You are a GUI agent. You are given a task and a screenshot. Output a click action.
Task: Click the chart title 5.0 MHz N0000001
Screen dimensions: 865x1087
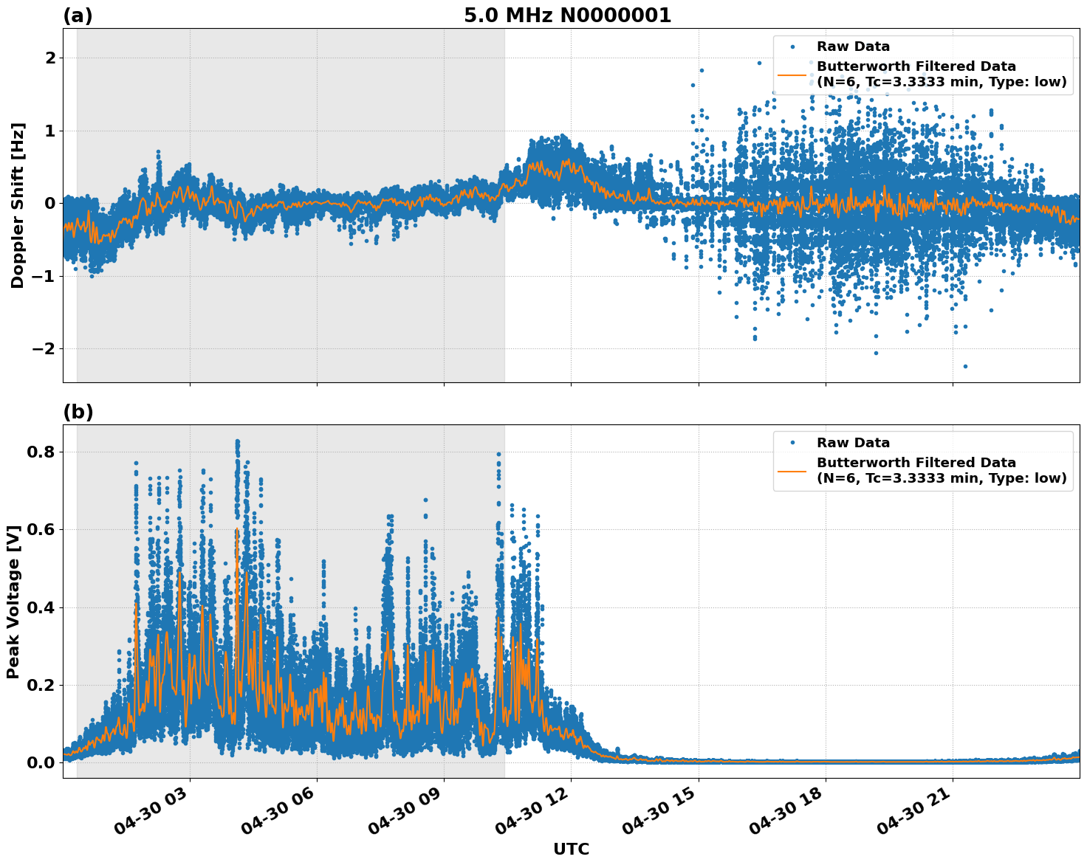coord(567,15)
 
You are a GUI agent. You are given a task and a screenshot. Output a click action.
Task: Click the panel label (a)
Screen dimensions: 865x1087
coord(78,15)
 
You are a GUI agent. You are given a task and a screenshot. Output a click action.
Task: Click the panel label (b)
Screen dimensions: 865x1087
coord(78,412)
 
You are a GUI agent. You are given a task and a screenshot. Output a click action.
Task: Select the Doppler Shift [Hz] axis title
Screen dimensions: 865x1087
coord(18,205)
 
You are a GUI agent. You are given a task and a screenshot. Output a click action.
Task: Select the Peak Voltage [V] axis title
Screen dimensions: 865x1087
coord(13,602)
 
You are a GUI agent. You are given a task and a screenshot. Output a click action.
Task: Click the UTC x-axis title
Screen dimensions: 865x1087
coord(571,849)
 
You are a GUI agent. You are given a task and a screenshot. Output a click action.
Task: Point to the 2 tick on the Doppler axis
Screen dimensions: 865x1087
coord(49,58)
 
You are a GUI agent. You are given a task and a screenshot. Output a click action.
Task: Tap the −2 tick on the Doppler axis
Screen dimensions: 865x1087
coord(44,348)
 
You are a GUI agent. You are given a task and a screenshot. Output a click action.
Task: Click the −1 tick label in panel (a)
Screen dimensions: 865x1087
coord(44,276)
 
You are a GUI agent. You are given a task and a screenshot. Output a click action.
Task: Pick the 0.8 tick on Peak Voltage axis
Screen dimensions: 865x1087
coord(41,452)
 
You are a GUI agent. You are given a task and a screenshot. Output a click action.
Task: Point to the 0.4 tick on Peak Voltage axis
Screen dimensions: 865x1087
coord(41,607)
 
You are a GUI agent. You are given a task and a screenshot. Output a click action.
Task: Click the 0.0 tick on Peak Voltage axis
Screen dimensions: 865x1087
coord(41,762)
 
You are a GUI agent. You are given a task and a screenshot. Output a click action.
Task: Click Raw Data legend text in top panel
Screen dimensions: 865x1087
coord(853,47)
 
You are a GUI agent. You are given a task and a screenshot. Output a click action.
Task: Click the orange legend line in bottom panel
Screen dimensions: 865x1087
coord(792,471)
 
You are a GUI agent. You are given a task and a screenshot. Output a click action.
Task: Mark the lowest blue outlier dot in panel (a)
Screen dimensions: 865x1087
coord(964,366)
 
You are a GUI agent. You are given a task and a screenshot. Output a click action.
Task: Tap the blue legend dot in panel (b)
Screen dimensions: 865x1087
coord(792,443)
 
